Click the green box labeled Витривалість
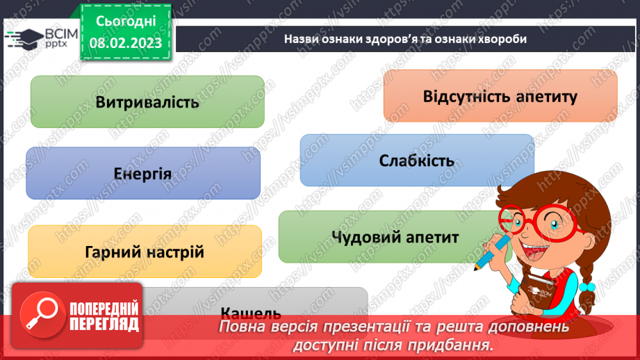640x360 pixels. (147, 101)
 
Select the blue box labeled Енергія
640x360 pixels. (142, 172)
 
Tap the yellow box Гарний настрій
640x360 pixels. (145, 251)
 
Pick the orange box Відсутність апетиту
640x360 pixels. (500, 96)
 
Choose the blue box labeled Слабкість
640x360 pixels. (416, 161)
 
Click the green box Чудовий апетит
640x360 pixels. (395, 237)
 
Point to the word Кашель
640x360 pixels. (250, 312)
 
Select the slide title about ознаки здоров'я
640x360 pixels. (405, 39)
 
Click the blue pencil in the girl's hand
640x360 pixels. (491, 252)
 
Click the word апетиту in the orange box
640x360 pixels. (547, 96)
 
